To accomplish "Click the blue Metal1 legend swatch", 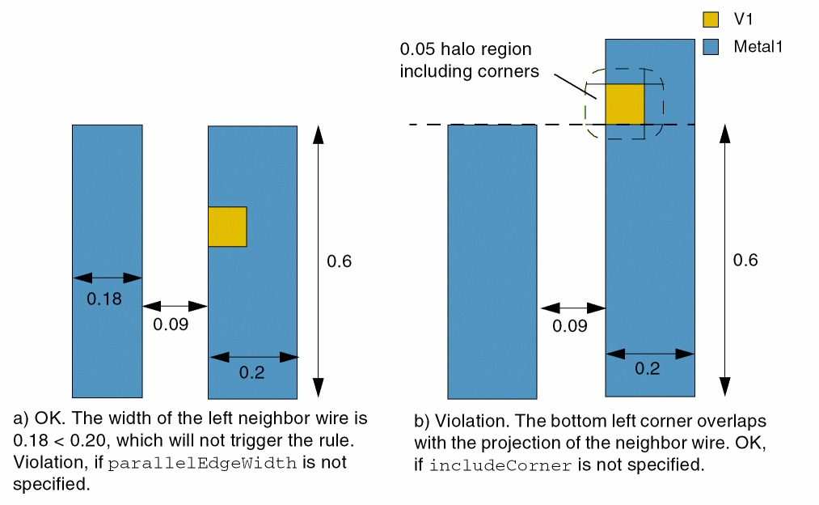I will tap(711, 47).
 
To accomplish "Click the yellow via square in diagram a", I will tap(227, 227).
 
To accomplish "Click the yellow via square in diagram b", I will tap(624, 104).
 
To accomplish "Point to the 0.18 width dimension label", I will tap(104, 299).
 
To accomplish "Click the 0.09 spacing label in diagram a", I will tap(171, 325).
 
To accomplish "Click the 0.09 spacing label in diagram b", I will tap(570, 327).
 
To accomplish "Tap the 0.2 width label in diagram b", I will tap(648, 369).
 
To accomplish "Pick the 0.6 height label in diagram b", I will tap(745, 260).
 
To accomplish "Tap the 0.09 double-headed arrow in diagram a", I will tap(175, 307).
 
